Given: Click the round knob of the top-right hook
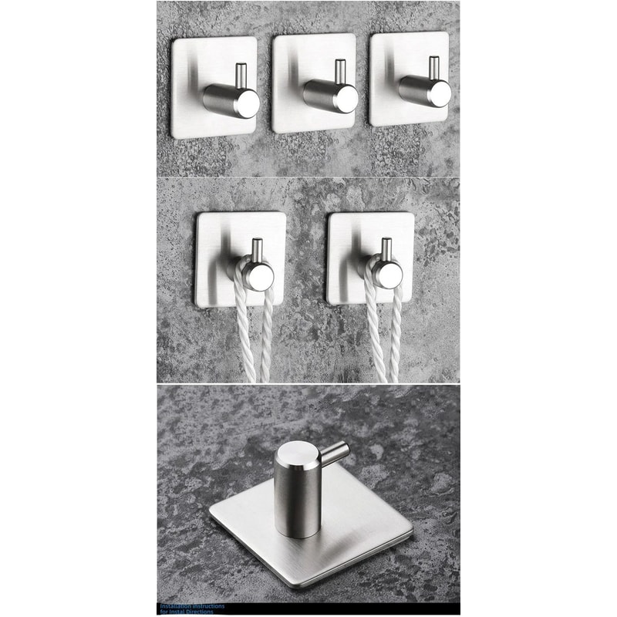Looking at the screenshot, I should tap(440, 93).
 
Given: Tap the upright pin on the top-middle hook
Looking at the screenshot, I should tap(339, 72).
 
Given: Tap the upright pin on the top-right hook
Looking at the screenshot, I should tap(434, 67).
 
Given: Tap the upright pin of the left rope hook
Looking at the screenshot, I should tap(257, 249).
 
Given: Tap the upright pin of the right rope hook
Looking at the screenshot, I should tap(385, 248).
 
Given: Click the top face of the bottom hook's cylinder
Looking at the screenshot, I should tap(295, 460).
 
